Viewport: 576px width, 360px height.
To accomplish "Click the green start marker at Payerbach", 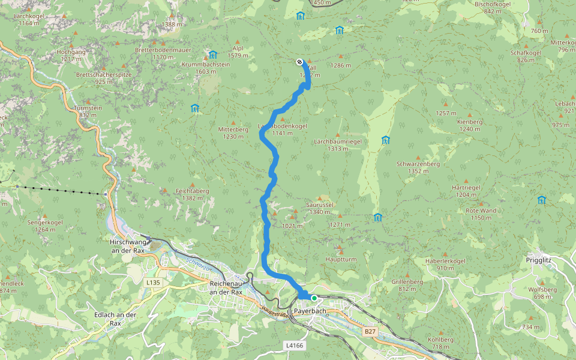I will tap(314, 298).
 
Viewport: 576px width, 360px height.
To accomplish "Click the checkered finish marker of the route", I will tap(299, 61).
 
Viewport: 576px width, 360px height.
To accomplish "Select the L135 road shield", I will tap(152, 281).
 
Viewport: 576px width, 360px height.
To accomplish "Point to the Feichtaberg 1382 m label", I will tap(192, 194).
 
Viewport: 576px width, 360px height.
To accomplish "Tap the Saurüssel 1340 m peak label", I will tap(319, 208).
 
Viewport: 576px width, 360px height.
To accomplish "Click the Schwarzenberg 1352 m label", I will tap(418, 167).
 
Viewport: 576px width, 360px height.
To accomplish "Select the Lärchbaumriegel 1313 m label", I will tap(338, 145).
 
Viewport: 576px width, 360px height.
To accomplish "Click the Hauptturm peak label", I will tap(340, 259).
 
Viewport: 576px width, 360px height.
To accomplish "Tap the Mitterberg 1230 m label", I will tap(233, 133).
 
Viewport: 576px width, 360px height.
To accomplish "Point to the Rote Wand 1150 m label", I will tap(481, 214).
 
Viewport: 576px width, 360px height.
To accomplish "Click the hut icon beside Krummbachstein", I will tap(212, 55).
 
